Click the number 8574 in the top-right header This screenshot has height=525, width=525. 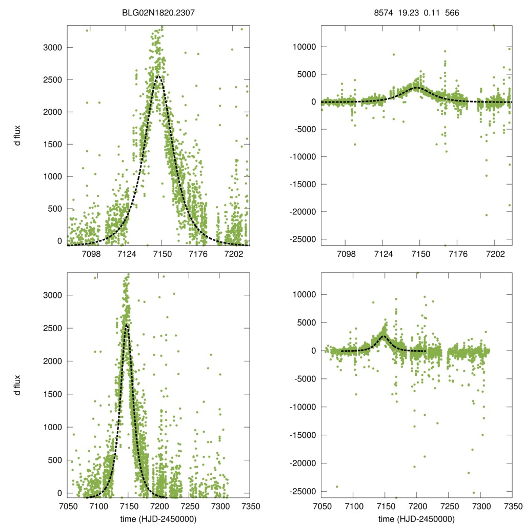383,14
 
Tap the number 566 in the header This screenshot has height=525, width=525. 452,14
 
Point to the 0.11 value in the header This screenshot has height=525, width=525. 432,14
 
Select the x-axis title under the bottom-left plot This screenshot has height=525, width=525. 159,519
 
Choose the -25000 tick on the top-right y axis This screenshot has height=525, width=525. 304,239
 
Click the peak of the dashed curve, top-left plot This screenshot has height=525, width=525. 158,76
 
